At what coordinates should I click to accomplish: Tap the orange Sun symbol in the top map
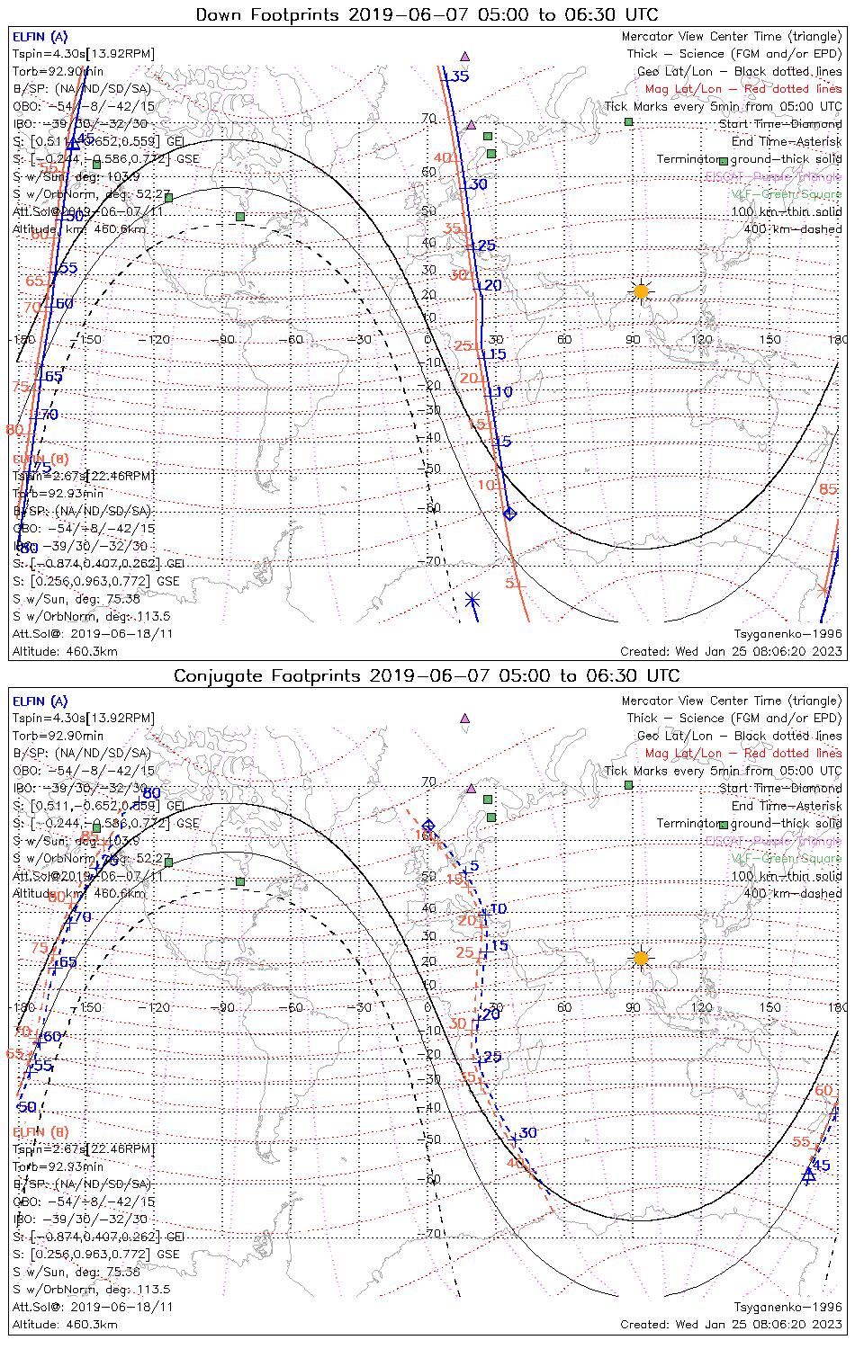tap(641, 291)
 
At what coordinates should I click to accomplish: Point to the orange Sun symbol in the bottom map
tap(641, 959)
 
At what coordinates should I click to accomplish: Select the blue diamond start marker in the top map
tap(510, 514)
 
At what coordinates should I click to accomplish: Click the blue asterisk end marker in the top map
tap(472, 600)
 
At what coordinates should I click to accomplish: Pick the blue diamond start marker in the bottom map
tap(429, 826)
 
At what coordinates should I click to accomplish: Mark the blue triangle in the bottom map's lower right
tap(808, 1175)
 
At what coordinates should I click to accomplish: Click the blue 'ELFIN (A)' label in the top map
tap(40, 37)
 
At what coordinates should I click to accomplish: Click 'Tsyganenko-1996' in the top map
tap(787, 634)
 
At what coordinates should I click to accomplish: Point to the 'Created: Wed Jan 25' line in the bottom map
tap(731, 1324)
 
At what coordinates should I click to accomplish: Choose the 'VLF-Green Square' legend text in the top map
tap(786, 194)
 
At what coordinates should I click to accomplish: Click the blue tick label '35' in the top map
tap(460, 76)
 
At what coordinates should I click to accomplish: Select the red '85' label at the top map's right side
tap(828, 489)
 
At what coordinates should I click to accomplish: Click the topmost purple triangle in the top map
tap(465, 56)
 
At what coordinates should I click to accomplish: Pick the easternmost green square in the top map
tap(629, 121)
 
